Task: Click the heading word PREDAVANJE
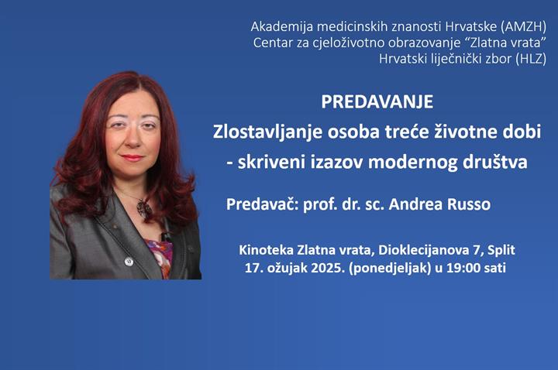377,102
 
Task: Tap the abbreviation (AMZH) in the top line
523,26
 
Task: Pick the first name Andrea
415,204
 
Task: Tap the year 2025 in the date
315,269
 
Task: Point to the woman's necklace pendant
142,207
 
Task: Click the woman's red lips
132,158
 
